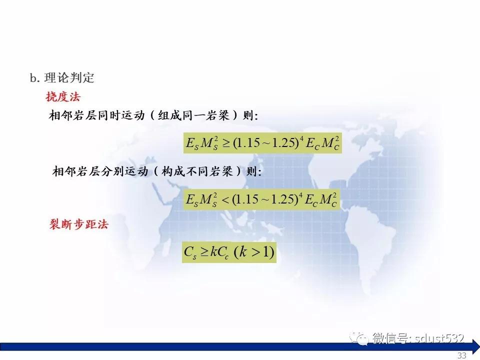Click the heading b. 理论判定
(x=62, y=78)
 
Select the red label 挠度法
(x=63, y=96)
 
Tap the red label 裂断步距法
(x=79, y=224)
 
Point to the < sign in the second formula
(x=225, y=200)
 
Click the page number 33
(x=462, y=355)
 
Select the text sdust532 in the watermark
(x=439, y=338)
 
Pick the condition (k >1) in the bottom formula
(x=254, y=252)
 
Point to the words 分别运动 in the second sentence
(x=125, y=171)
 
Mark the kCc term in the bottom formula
(x=219, y=252)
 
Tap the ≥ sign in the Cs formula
(x=204, y=252)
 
